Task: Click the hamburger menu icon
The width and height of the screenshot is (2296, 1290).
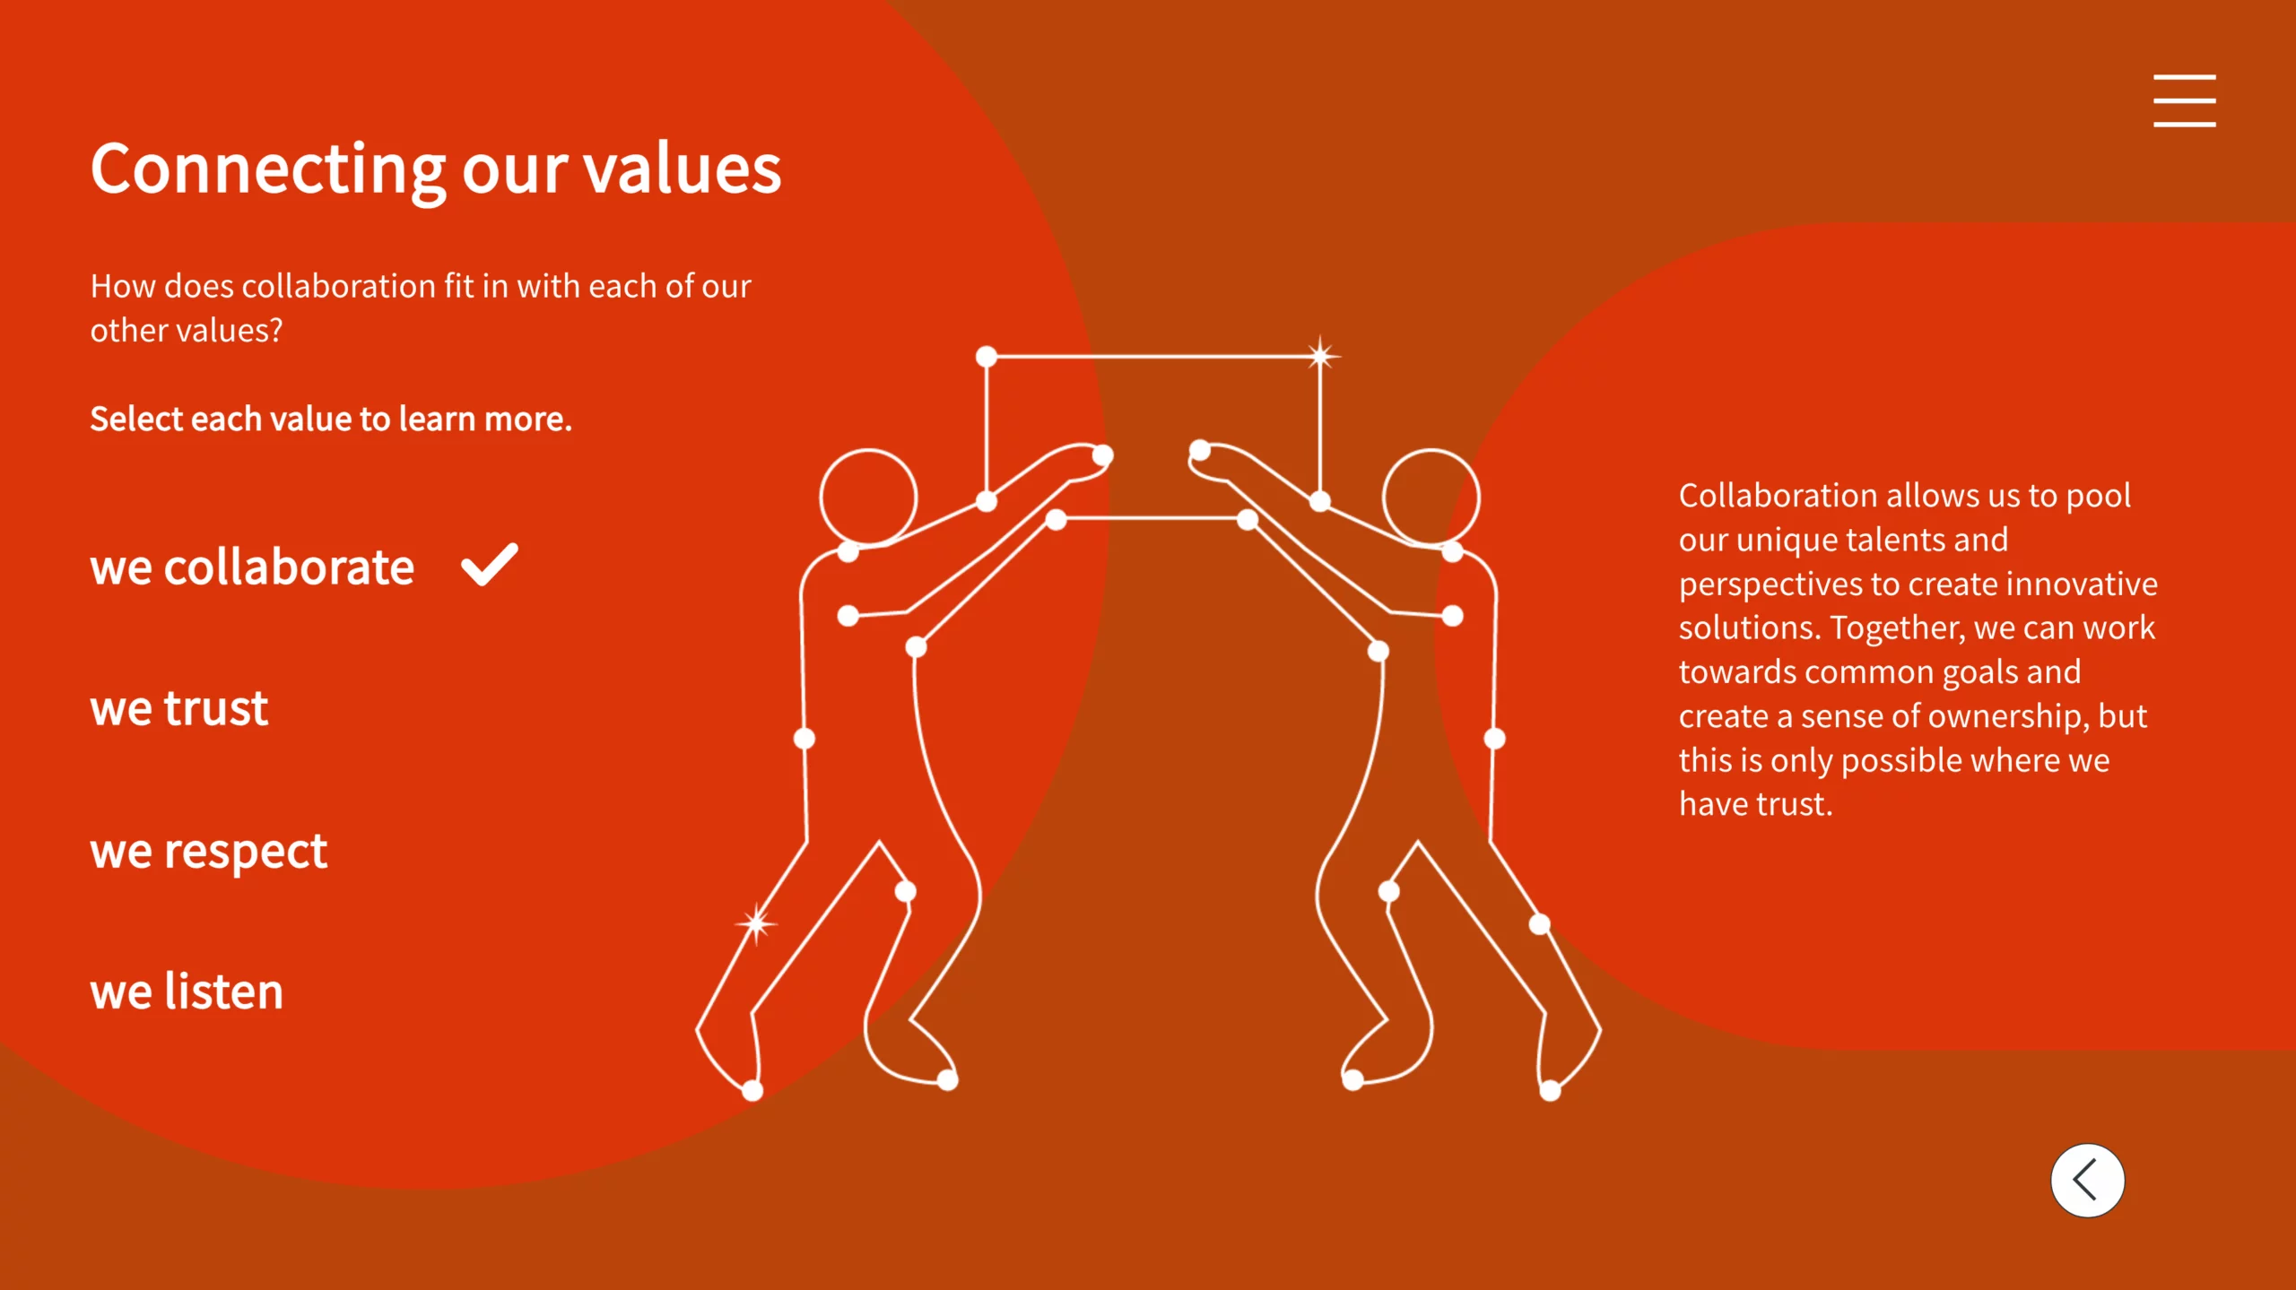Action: click(x=2184, y=100)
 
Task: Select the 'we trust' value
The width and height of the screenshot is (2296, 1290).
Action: click(x=179, y=709)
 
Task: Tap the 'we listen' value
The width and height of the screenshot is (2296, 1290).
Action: click(x=187, y=991)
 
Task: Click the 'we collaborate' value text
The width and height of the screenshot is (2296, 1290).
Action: click(x=252, y=567)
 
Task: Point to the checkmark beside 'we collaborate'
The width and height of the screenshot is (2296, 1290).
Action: click(x=489, y=565)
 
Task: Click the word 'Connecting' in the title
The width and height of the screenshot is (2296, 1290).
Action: click(x=268, y=170)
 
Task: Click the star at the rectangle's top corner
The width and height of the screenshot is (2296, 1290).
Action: click(x=1320, y=356)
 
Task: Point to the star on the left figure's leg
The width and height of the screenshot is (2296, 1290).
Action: click(x=756, y=923)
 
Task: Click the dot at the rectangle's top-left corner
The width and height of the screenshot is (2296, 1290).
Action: click(x=987, y=357)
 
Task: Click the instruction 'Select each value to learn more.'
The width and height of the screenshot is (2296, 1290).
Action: click(x=331, y=420)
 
